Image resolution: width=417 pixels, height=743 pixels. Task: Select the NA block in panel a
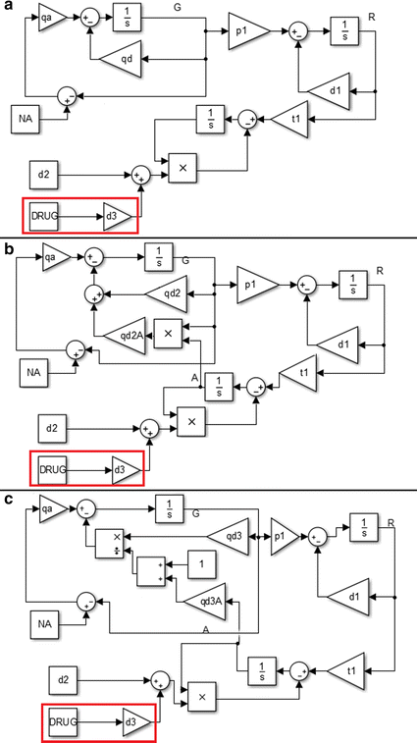tap(27, 119)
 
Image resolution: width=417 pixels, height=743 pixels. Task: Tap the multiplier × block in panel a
tap(182, 168)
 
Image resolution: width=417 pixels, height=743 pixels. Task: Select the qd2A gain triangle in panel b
tap(124, 334)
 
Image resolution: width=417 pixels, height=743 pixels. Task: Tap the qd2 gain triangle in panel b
tap(167, 292)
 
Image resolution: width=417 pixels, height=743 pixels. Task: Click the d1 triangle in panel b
tap(336, 343)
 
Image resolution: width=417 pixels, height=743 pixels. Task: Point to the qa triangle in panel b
tap(52, 258)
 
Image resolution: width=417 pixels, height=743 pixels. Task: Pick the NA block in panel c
tap(41, 622)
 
